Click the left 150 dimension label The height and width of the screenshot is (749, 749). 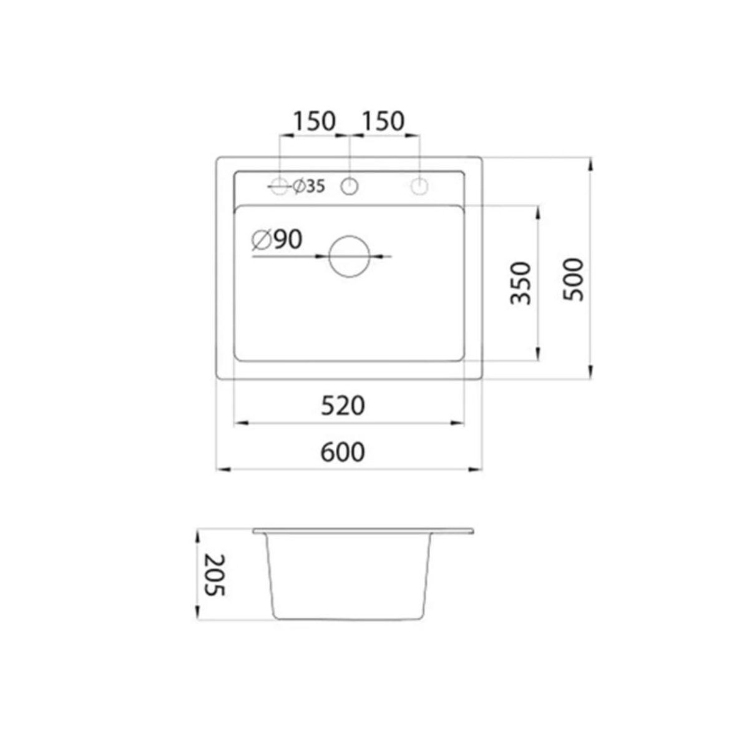pyautogui.click(x=314, y=121)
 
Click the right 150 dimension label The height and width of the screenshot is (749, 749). pyautogui.click(x=383, y=121)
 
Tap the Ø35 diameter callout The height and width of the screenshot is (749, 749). pyautogui.click(x=308, y=187)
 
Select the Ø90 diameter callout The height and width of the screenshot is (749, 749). pyautogui.click(x=277, y=240)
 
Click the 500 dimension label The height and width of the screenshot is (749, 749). pyautogui.click(x=574, y=279)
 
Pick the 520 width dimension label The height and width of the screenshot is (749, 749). pyautogui.click(x=343, y=406)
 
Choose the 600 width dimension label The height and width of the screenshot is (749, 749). pyautogui.click(x=343, y=453)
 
